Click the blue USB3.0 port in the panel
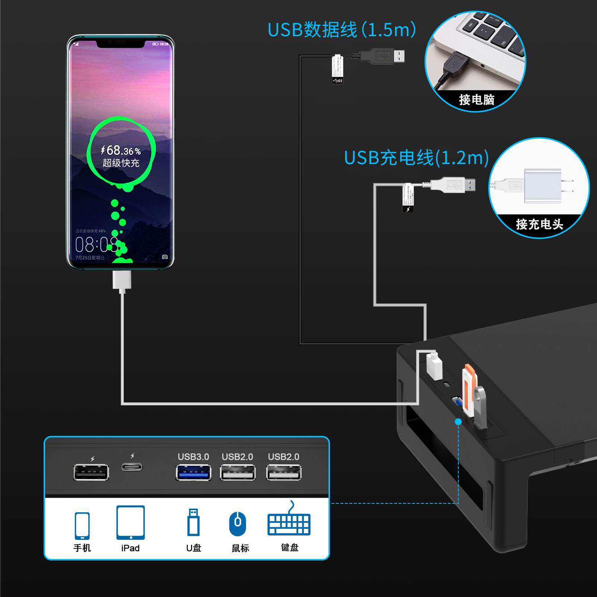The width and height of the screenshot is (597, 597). coord(193,473)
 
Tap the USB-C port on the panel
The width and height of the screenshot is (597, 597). coord(132,467)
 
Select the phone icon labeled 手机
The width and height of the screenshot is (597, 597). coord(82,526)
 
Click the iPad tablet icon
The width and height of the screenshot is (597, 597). coord(131,522)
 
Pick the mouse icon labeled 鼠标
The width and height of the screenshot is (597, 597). coord(238,524)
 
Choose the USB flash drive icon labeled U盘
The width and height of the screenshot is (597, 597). coord(193,522)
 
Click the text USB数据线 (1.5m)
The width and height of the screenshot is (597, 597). coord(342,30)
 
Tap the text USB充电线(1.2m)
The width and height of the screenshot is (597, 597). coord(416,158)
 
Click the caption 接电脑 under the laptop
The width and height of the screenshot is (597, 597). coord(477,100)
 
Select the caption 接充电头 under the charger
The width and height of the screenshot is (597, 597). coord(539,224)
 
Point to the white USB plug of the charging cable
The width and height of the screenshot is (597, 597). coord(453,185)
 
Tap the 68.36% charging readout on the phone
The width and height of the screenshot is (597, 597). coord(121,151)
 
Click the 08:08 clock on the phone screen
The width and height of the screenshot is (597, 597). coord(96,245)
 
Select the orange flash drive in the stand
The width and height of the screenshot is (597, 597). coord(469,390)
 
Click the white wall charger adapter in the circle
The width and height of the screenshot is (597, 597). coord(543,186)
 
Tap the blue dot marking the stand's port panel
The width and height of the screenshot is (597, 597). coord(458,421)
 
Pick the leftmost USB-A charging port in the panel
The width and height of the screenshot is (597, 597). coord(91,472)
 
